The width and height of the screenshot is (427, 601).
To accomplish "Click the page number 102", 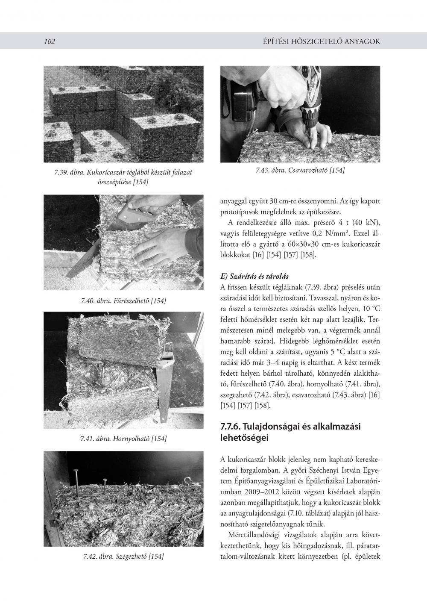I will point(50,41).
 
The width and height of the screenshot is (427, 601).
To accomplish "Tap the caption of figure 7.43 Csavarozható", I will point(300,170).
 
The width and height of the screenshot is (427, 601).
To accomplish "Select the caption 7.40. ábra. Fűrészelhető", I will point(123,300).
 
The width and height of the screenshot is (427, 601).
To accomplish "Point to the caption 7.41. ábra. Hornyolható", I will point(123,438).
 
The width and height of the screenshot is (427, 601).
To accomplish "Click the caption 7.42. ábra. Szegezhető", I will point(123,556).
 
